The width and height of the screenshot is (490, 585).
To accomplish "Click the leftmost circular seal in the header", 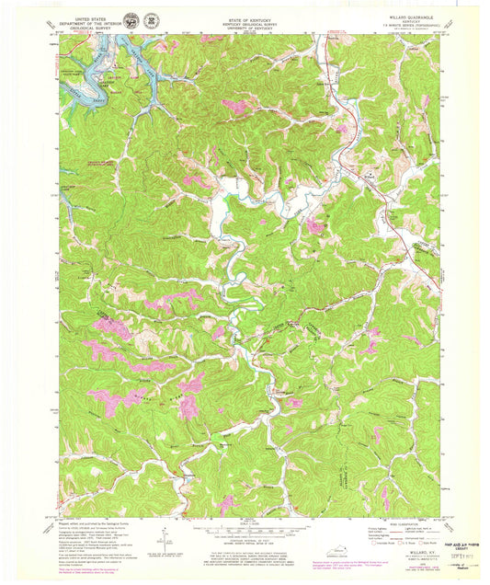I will coord(133,19).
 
